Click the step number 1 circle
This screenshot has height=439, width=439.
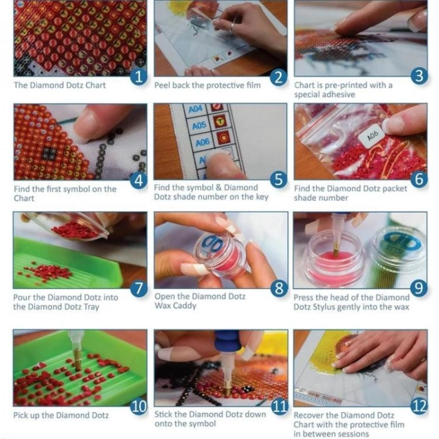click(139, 76)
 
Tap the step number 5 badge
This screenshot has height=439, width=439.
click(279, 179)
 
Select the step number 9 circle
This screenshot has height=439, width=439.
click(419, 288)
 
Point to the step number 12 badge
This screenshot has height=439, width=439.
click(420, 406)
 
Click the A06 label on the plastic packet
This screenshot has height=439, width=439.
click(373, 136)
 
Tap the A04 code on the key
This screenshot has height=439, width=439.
click(196, 109)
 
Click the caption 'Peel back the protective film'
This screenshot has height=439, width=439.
click(208, 85)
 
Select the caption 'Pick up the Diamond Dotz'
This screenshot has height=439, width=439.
click(61, 415)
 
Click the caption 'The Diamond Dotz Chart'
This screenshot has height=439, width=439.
click(60, 85)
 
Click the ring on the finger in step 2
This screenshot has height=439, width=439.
click(233, 28)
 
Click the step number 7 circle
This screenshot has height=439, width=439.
click(139, 288)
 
